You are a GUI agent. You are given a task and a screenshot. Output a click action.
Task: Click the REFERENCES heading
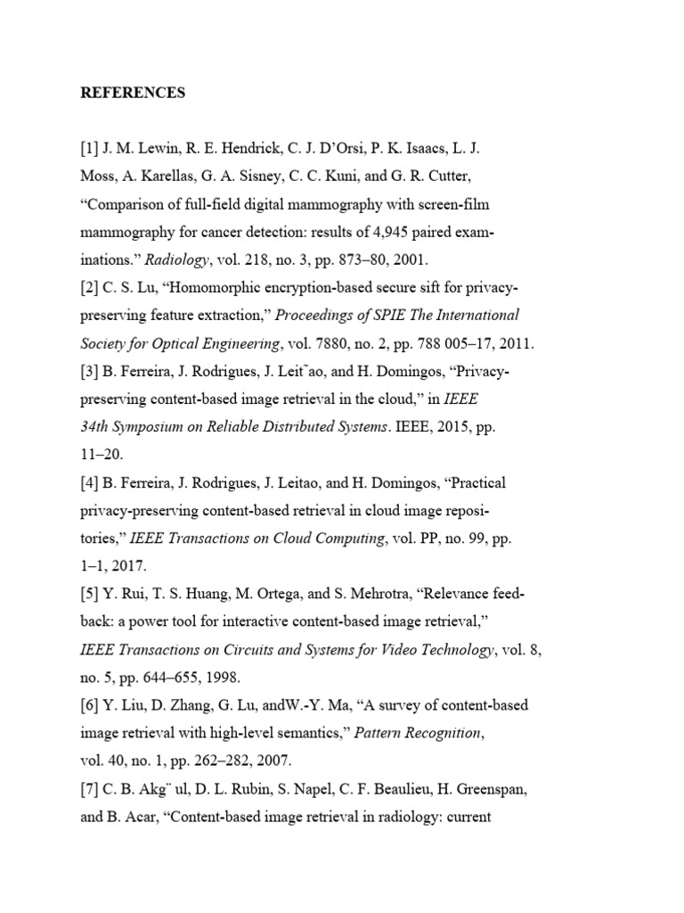pos(133,93)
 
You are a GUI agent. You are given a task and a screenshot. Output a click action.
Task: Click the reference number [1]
pos(90,149)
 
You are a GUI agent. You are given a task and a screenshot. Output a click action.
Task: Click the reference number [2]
pos(90,287)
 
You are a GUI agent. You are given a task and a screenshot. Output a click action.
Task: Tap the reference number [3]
pos(90,371)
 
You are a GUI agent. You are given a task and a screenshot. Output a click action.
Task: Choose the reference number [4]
pos(90,482)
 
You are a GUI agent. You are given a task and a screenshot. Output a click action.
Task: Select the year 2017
pos(133,565)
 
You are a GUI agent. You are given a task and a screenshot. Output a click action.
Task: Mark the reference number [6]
pos(90,704)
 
